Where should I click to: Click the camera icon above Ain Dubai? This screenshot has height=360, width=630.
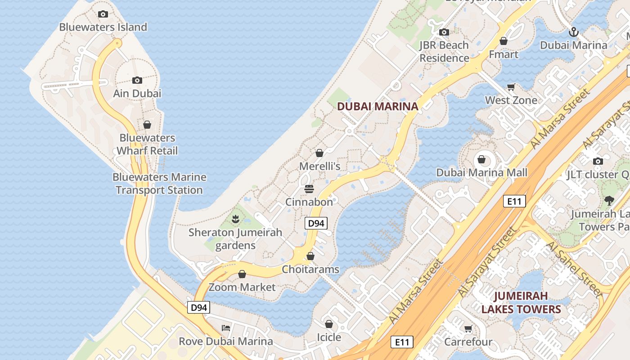pyautogui.click(x=137, y=81)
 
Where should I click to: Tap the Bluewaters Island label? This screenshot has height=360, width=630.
pyautogui.click(x=103, y=27)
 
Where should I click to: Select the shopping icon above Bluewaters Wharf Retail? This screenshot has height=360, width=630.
pyautogui.click(x=147, y=125)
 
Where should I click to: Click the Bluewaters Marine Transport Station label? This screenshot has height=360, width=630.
pyautogui.click(x=159, y=184)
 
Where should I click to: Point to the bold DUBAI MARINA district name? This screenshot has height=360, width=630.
pyautogui.click(x=378, y=107)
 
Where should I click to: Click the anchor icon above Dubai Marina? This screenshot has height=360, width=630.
pyautogui.click(x=573, y=32)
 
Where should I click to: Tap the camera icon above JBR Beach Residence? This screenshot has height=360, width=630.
pyautogui.click(x=444, y=32)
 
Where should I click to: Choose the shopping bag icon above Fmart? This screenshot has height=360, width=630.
pyautogui.click(x=504, y=41)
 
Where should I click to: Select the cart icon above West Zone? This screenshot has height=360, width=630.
pyautogui.click(x=511, y=87)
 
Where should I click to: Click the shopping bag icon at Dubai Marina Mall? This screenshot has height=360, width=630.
pyautogui.click(x=481, y=159)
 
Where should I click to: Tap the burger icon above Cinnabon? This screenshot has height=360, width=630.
pyautogui.click(x=309, y=189)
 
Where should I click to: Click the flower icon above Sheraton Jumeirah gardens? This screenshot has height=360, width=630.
pyautogui.click(x=235, y=219)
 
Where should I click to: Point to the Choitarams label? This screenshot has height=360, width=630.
pyautogui.click(x=310, y=270)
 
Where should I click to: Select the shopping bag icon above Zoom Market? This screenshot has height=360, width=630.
pyautogui.click(x=242, y=274)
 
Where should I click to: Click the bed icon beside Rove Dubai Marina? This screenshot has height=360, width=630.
pyautogui.click(x=226, y=328)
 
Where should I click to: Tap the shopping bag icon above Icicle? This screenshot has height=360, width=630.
pyautogui.click(x=329, y=324)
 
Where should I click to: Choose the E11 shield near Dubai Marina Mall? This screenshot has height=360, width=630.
pyautogui.click(x=514, y=201)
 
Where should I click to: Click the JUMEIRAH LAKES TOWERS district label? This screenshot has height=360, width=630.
pyautogui.click(x=521, y=302)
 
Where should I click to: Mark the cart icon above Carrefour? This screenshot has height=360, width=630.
pyautogui.click(x=468, y=329)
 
